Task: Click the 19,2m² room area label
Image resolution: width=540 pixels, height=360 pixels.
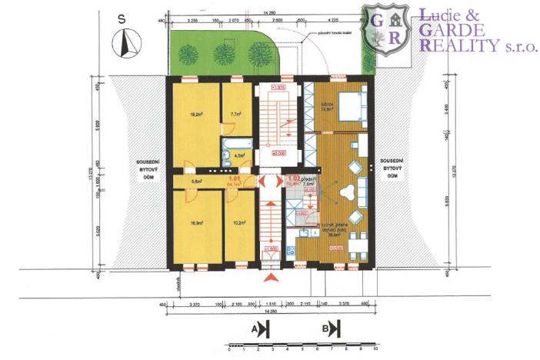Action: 195,118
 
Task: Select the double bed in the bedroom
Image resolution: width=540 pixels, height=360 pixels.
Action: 349,105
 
